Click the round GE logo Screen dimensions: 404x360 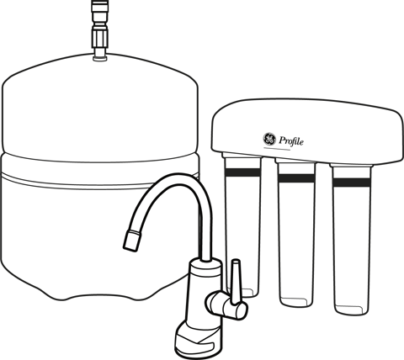(x=269, y=139)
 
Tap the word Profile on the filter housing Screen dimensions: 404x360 (x=291, y=140)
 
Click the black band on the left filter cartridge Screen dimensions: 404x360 (x=242, y=172)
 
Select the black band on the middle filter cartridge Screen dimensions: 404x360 (x=296, y=178)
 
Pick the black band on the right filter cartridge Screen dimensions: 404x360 (x=351, y=183)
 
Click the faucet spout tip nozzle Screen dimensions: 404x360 (x=132, y=240)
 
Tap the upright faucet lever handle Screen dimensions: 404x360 (x=235, y=281)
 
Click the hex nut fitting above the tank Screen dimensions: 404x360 (x=99, y=37)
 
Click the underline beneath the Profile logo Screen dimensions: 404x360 (x=277, y=149)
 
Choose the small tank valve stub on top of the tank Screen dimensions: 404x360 (x=100, y=55)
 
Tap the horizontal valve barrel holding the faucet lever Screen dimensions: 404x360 (x=226, y=305)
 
